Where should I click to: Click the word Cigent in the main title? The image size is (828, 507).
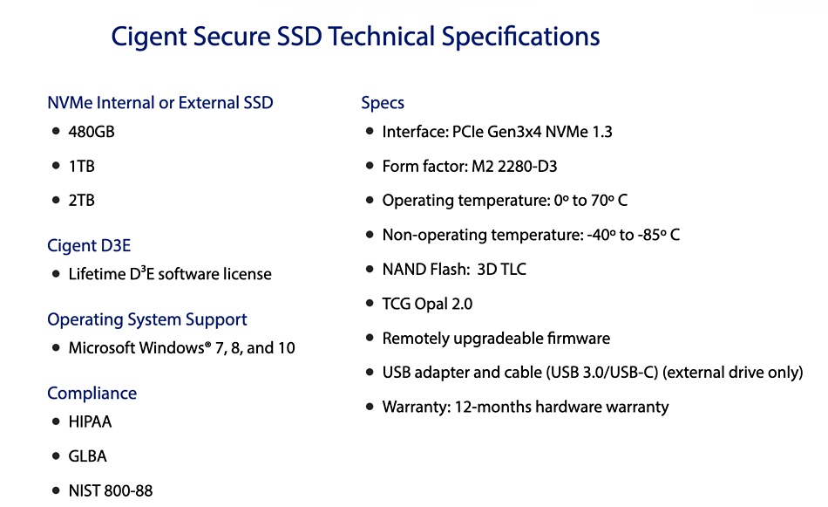(149, 37)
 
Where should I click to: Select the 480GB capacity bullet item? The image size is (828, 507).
(92, 132)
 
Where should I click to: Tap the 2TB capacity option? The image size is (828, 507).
(81, 201)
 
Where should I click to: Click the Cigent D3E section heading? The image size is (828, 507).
(89, 245)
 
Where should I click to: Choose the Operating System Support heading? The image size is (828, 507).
(146, 319)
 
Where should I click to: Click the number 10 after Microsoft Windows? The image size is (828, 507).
(286, 348)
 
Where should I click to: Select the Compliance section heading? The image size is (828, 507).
(92, 394)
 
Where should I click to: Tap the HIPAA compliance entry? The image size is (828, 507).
(90, 421)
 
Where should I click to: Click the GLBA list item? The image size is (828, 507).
(88, 456)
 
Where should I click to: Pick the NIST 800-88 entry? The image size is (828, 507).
(111, 490)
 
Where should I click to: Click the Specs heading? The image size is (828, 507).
(383, 103)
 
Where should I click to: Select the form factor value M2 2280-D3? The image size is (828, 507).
(514, 167)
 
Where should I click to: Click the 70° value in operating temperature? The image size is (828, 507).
(602, 201)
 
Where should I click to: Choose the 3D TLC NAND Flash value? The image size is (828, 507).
(502, 269)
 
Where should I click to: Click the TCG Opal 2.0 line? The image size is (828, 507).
(427, 304)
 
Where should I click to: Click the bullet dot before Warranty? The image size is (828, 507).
(370, 407)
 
